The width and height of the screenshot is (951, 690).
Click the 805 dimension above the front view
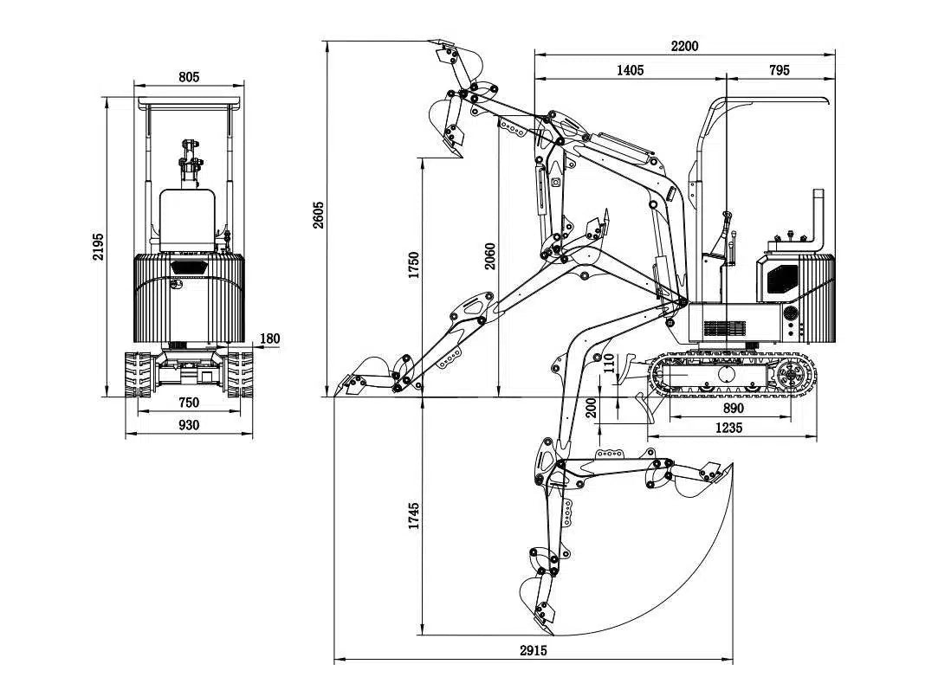tap(189, 77)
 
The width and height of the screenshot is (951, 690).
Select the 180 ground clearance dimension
tap(269, 339)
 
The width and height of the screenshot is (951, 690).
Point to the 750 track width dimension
tap(188, 402)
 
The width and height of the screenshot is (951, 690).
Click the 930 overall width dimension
tap(188, 424)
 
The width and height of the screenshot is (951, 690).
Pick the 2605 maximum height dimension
tap(318, 215)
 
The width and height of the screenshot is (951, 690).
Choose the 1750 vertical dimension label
tap(413, 265)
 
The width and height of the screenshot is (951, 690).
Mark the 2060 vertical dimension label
tap(490, 255)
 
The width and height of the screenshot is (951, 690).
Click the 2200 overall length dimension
tap(684, 46)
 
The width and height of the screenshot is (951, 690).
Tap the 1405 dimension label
tap(630, 70)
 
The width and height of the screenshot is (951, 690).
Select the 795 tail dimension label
tap(780, 70)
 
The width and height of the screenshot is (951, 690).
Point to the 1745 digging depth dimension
tap(413, 516)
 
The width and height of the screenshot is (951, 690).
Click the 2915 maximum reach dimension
tap(534, 650)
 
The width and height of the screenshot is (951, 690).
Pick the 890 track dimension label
tap(732, 408)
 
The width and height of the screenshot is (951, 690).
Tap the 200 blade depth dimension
tap(592, 406)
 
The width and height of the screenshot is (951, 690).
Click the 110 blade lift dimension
tap(608, 364)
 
